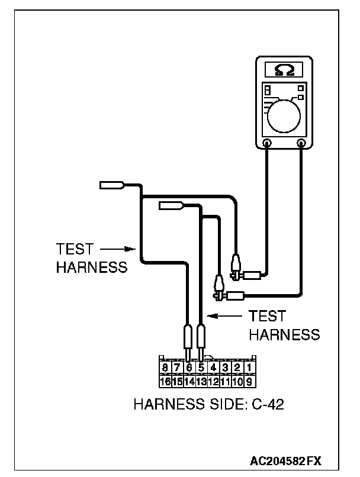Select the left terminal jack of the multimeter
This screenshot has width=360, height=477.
point(267,143)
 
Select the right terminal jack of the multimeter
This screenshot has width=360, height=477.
point(302,143)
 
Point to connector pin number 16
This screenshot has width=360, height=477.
point(166,381)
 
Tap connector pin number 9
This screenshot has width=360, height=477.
point(249,381)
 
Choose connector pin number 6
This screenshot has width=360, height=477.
point(189,368)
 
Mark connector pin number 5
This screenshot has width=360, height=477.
point(201,368)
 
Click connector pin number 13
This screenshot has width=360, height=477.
point(201,381)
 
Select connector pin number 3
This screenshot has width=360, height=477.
point(225,368)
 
